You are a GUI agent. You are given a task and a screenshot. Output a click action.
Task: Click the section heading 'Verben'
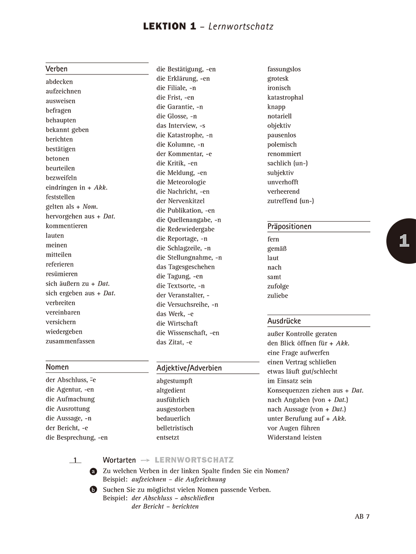56,69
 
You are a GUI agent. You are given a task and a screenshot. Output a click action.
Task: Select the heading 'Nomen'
57,367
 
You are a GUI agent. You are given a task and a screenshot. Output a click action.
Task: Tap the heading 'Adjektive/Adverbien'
189,368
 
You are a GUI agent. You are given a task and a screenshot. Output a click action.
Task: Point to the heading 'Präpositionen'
289,226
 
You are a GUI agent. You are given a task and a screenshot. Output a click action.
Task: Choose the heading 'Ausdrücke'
284,321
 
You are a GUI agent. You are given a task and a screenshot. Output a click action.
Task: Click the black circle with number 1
404,241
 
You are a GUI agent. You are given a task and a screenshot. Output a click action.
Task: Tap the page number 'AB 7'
362,517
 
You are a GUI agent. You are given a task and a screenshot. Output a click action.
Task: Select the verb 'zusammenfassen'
70,341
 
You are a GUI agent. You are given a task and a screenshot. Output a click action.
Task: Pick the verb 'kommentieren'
67,225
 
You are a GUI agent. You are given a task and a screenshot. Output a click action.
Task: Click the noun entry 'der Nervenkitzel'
180,201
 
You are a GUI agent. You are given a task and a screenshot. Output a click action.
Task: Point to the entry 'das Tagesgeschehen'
185,267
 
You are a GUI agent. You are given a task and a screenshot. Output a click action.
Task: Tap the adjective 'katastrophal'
285,97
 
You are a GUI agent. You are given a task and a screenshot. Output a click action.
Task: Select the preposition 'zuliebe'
277,295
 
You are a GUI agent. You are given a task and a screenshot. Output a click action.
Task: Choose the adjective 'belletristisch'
175,428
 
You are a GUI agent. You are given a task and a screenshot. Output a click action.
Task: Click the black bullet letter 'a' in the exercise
93,471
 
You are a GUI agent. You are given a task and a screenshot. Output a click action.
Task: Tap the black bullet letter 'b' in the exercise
93,490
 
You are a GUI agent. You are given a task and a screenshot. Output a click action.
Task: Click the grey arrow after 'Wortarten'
145,460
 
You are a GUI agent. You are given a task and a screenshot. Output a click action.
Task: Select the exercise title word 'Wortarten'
119,460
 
